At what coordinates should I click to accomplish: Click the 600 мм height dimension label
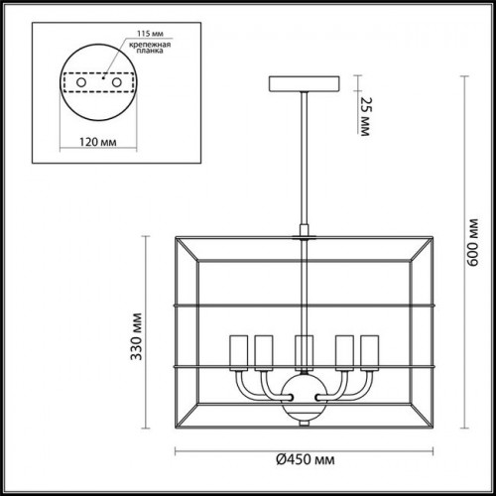click(473, 242)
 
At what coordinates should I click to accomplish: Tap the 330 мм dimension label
click(136, 336)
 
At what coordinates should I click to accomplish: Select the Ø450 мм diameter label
click(306, 459)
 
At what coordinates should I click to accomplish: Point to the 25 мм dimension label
click(365, 116)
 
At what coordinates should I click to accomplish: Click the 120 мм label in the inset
click(98, 142)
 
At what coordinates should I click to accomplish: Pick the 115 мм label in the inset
click(150, 34)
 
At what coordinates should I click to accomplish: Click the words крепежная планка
click(150, 48)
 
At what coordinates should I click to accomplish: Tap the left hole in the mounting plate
click(81, 82)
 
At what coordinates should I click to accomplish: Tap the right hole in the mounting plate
click(117, 82)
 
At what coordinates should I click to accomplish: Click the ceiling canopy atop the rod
click(305, 84)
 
